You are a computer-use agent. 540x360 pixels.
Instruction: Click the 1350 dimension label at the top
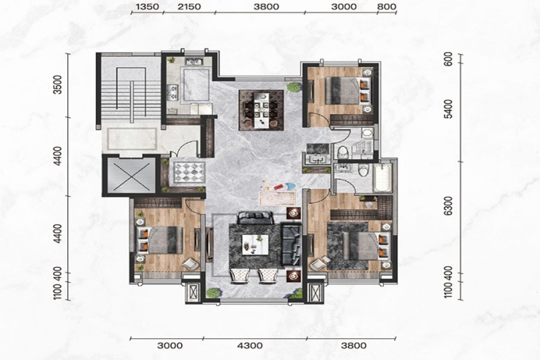(147, 6)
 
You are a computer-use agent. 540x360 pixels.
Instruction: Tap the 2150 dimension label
(189, 6)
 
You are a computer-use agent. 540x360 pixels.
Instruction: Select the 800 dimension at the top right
(387, 6)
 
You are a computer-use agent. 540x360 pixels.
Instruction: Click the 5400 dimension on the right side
(448, 109)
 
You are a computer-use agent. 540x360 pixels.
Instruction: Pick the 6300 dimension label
(448, 206)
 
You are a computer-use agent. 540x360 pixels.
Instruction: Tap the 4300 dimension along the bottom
(250, 345)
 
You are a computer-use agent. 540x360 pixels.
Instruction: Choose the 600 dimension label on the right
(448, 60)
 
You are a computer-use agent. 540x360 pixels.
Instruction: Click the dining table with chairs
(261, 110)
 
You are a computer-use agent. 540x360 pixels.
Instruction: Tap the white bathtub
(382, 177)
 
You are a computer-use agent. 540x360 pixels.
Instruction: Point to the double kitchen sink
(193, 62)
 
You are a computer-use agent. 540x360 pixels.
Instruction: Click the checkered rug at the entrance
(189, 172)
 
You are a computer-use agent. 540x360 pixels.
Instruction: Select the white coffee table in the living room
(255, 245)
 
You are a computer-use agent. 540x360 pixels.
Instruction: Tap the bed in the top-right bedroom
(348, 90)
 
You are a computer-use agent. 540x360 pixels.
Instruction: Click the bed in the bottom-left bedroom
(160, 240)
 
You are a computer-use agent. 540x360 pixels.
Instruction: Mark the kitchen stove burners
(173, 92)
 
